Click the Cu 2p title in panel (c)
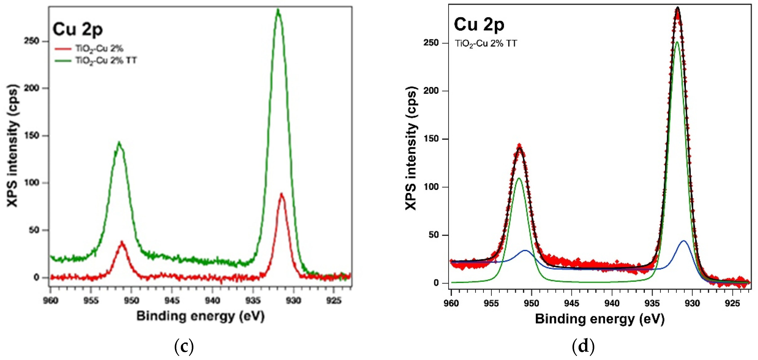(x=78, y=29)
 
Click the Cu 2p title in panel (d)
(x=479, y=24)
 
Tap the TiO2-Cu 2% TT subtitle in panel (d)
(x=486, y=44)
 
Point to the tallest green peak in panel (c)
(x=278, y=11)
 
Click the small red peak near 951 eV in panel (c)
(x=122, y=243)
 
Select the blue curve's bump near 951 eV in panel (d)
(x=525, y=251)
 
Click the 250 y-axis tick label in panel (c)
(x=31, y=41)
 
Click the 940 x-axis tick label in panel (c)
(x=212, y=300)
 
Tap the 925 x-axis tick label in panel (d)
(x=732, y=303)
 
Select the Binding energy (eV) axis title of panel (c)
(x=200, y=316)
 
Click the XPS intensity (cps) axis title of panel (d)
(x=411, y=148)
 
